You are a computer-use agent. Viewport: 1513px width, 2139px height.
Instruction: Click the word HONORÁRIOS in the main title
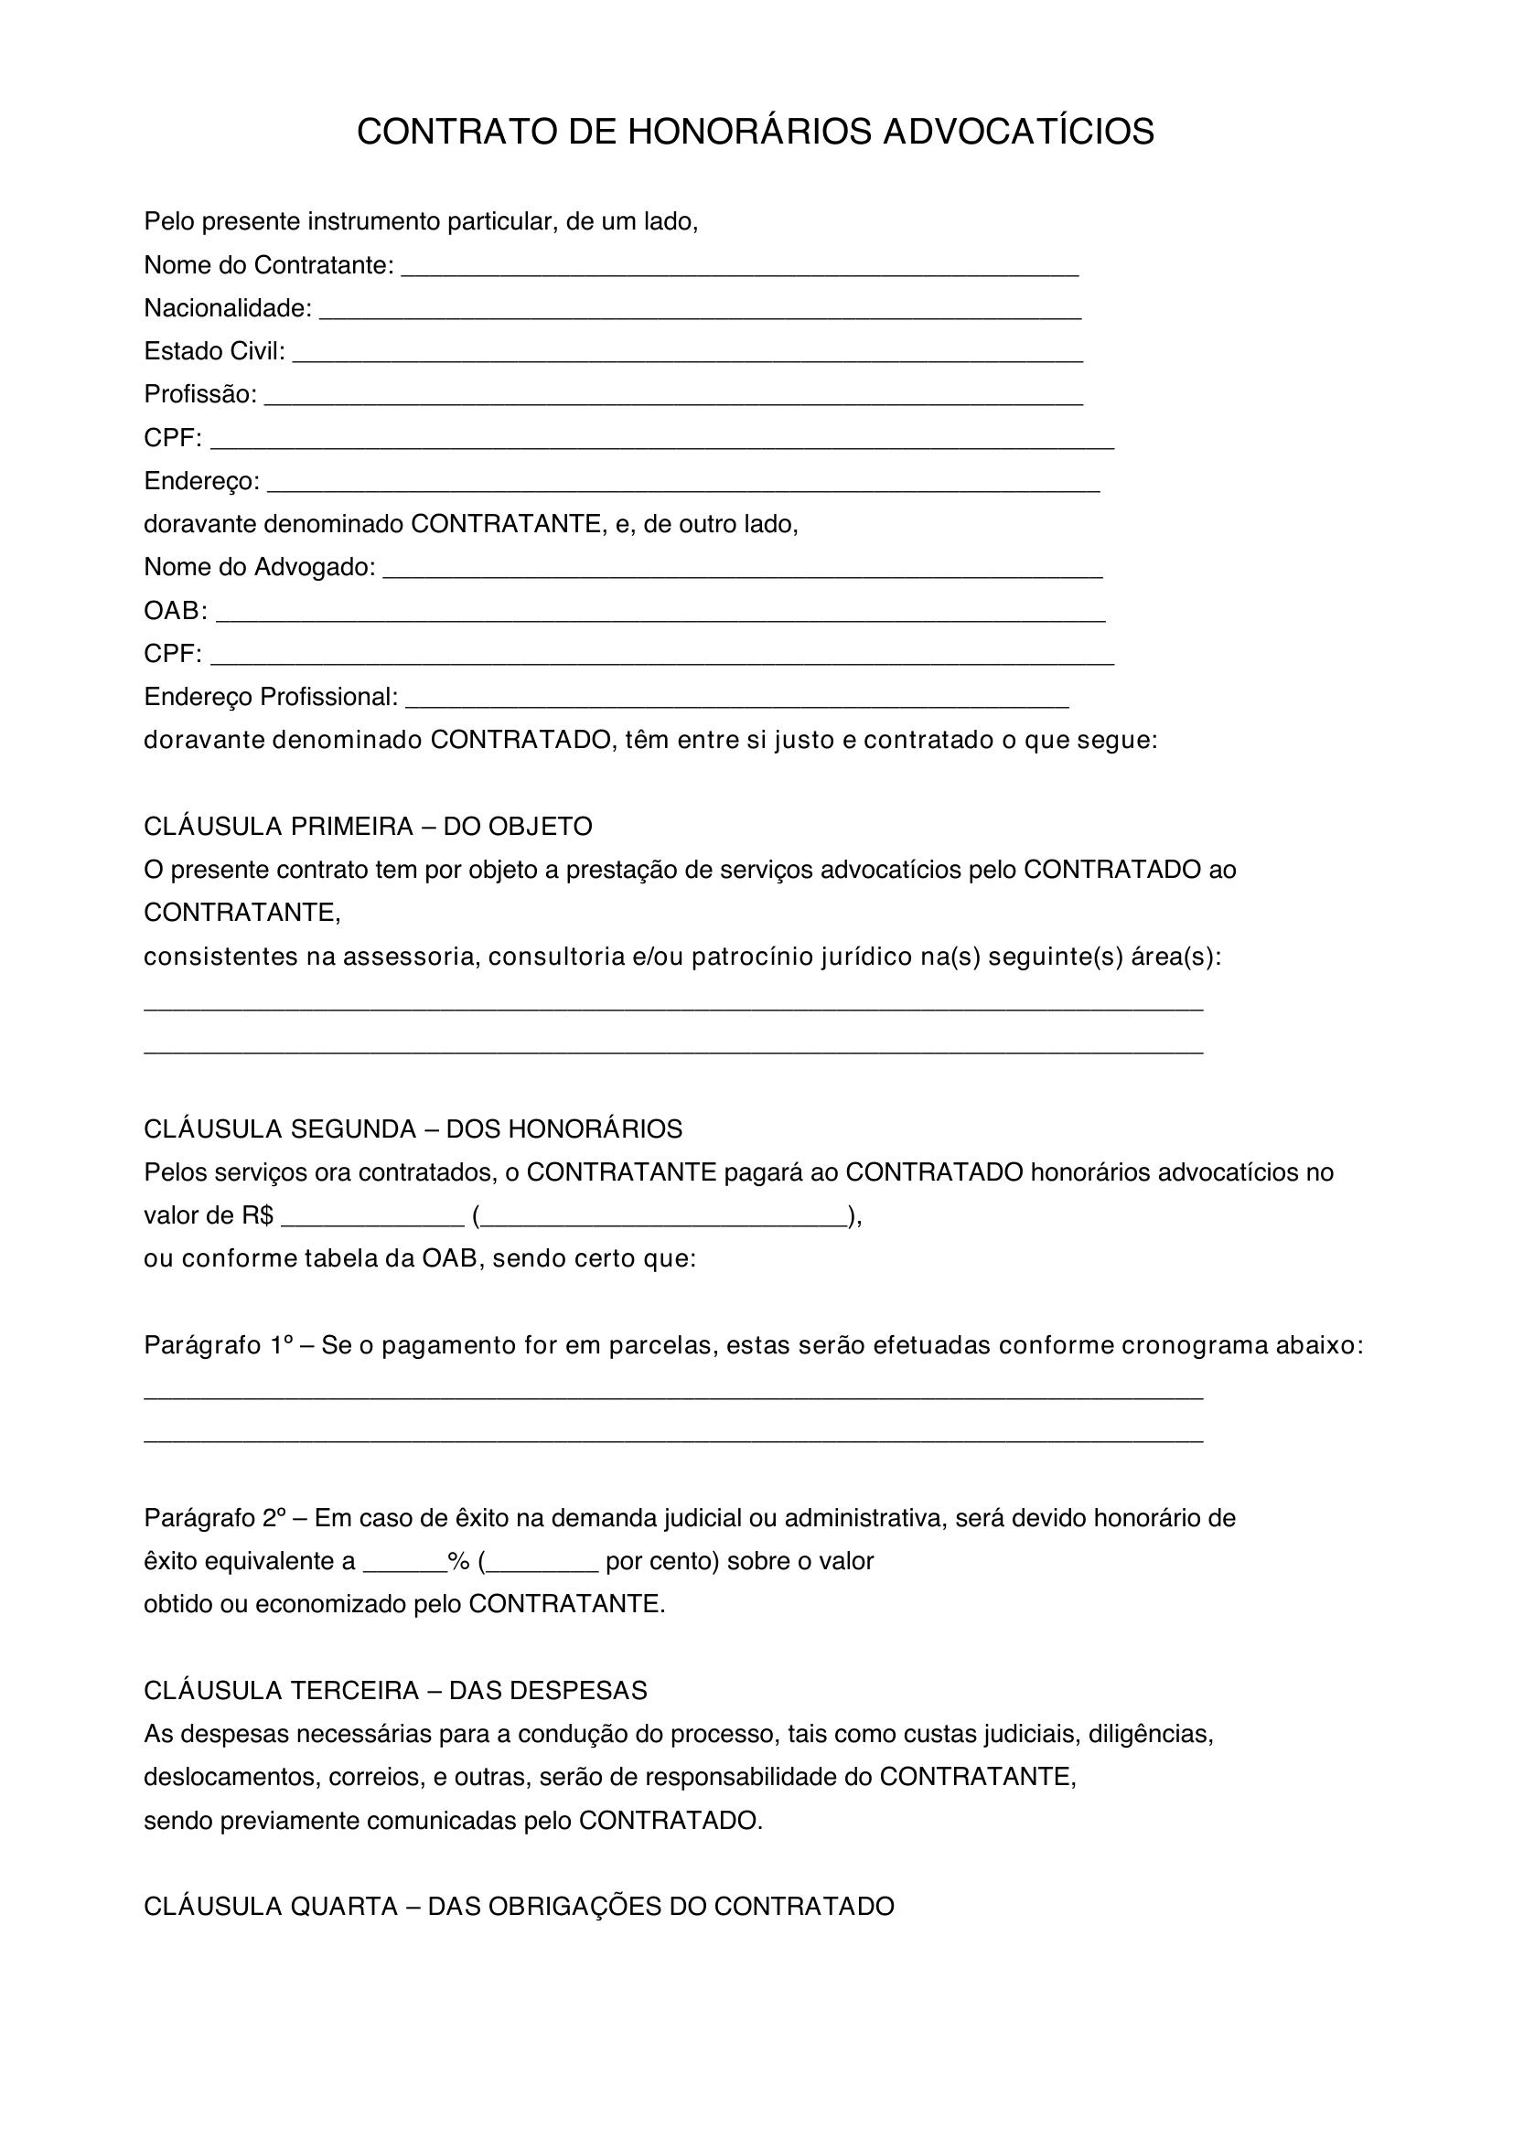click(749, 133)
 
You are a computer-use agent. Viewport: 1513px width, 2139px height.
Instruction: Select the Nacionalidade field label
click(228, 308)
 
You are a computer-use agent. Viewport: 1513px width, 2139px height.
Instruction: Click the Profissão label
click(199, 395)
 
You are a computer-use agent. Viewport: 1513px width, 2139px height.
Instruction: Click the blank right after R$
click(371, 1221)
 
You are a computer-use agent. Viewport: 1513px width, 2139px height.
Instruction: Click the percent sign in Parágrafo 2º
click(457, 1561)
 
